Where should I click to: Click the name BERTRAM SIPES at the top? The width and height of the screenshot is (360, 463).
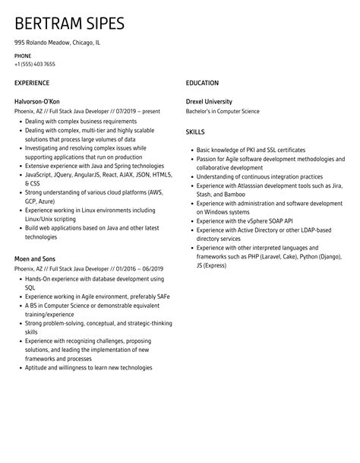pyautogui.click(x=69, y=23)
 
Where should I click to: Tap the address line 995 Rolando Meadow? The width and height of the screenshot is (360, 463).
pyautogui.click(x=57, y=43)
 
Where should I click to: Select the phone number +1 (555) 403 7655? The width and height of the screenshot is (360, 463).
pyautogui.click(x=34, y=64)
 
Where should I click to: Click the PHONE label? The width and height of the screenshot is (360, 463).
pyautogui.click(x=22, y=56)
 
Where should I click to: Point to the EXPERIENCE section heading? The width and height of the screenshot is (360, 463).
pyautogui.click(x=32, y=83)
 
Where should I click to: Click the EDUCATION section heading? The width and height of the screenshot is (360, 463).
pyautogui.click(x=202, y=83)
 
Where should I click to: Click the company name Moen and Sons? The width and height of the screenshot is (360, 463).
pyautogui.click(x=35, y=258)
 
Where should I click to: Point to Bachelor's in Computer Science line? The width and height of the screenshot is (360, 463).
pyautogui.click(x=222, y=111)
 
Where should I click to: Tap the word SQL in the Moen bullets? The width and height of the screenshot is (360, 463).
pyautogui.click(x=30, y=287)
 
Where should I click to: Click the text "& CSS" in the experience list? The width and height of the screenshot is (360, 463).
pyautogui.click(x=33, y=183)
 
